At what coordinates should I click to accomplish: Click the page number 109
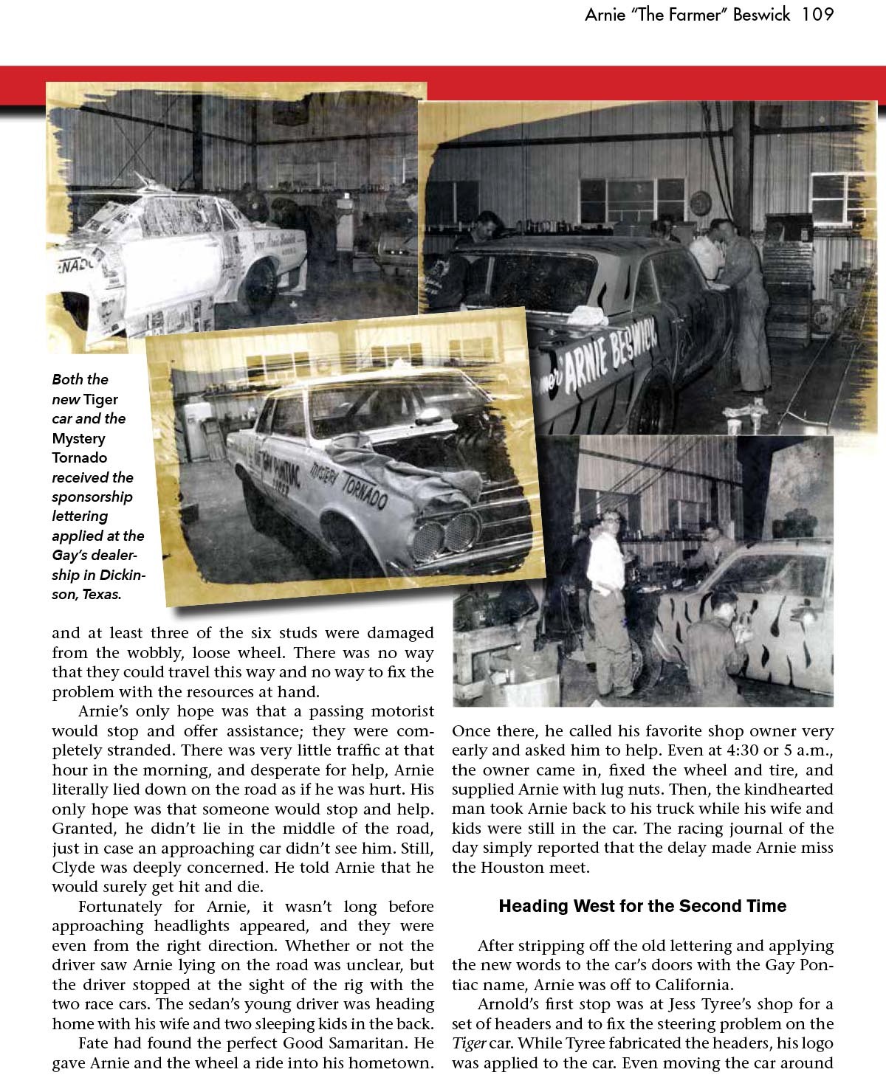tap(814, 15)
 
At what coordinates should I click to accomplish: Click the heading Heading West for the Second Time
tap(642, 906)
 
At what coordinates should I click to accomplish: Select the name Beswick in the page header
tap(766, 15)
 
